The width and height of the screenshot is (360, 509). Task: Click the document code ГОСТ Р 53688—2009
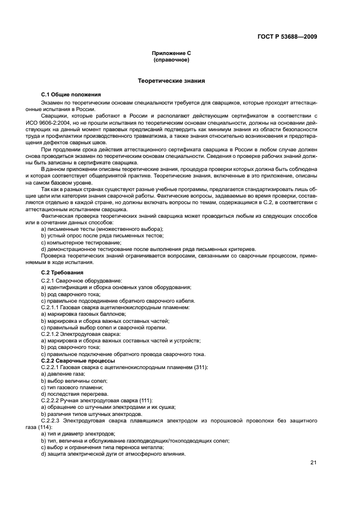[x=286, y=37]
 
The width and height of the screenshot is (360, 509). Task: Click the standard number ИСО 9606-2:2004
[x=64, y=122]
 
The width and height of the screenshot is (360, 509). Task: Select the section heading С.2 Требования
[x=64, y=271]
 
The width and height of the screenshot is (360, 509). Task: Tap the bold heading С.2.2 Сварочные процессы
[x=78, y=360]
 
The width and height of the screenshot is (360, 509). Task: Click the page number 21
[x=313, y=463]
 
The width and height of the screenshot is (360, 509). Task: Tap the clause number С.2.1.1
[x=52, y=308]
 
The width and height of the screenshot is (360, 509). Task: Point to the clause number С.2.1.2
[x=52, y=334]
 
